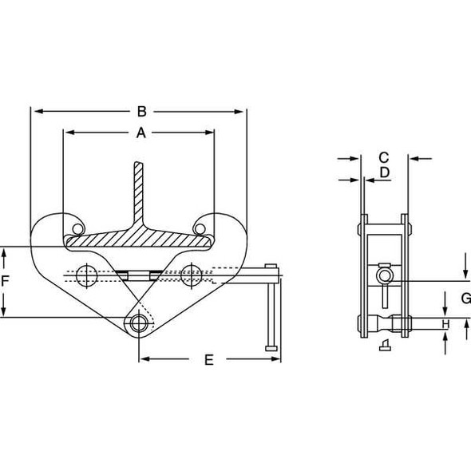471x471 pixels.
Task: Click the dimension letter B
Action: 141,111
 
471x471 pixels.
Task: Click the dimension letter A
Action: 141,133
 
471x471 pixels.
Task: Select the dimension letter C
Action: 383,157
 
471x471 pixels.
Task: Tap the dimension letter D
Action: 383,172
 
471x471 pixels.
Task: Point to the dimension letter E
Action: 209,360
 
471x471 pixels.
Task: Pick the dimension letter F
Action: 6,281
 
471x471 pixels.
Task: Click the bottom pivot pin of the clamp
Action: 141,323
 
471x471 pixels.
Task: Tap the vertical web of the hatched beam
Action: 141,196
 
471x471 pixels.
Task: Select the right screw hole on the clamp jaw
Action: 190,275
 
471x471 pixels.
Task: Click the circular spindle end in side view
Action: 385,276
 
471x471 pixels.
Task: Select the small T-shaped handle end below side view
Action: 385,345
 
